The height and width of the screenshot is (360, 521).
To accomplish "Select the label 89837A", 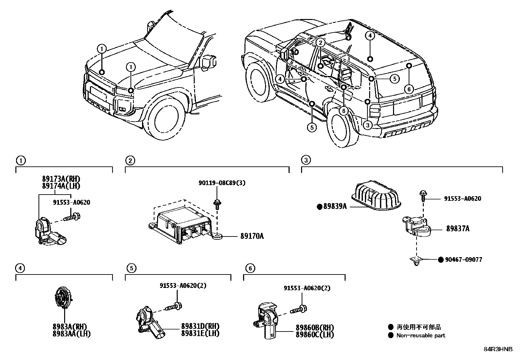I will [x=458, y=229].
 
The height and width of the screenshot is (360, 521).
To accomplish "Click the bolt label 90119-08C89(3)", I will [x=222, y=183].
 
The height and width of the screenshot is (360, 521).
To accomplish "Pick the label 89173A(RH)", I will [x=61, y=179].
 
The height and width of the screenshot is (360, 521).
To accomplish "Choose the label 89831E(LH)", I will [x=200, y=333].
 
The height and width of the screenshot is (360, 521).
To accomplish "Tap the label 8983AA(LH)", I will [x=71, y=334].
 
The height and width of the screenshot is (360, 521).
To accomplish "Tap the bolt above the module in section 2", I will [x=217, y=204].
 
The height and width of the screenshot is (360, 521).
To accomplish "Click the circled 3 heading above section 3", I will [x=305, y=160].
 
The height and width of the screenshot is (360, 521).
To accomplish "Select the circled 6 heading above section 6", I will [x=250, y=269].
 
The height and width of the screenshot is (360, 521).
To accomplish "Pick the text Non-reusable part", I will [x=421, y=335].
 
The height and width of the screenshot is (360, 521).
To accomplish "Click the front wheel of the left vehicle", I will [x=165, y=120].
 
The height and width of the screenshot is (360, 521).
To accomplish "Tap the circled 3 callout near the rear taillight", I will [x=368, y=125].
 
